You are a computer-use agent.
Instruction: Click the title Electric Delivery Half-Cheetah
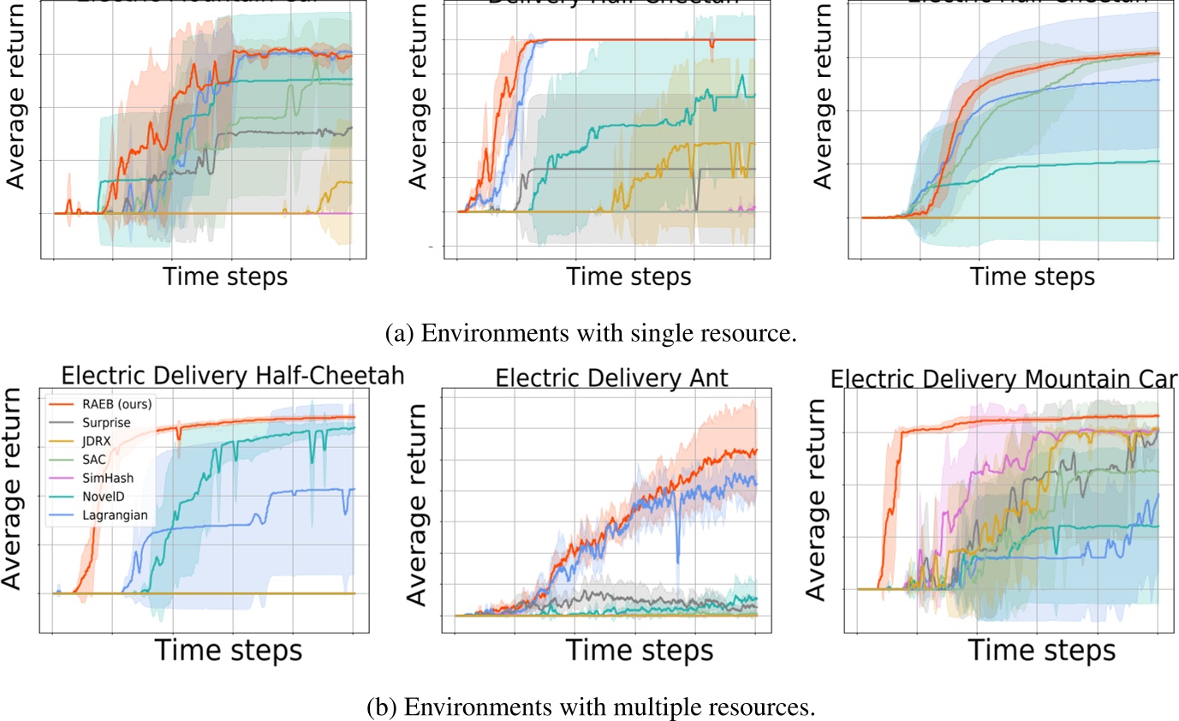(230, 376)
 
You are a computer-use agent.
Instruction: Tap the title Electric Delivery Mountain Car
(1004, 378)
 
